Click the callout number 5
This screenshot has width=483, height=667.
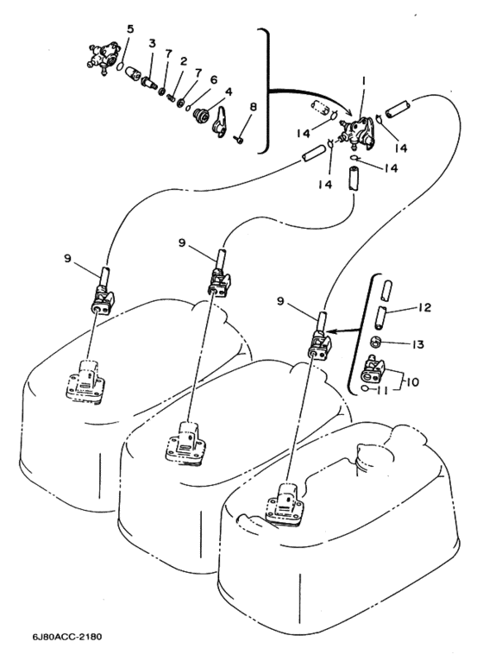tap(130, 29)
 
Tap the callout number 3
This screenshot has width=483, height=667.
tap(152, 43)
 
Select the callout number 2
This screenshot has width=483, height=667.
tap(184, 61)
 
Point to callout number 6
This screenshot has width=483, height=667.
tap(213, 79)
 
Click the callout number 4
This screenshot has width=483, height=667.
tap(229, 91)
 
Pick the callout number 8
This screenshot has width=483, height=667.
tap(253, 107)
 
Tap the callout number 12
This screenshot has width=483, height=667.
tap(424, 307)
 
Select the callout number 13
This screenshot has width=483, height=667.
tap(418, 344)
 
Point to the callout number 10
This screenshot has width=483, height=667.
tap(412, 381)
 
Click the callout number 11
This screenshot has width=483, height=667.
tap(382, 390)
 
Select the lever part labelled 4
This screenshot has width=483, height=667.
tap(222, 123)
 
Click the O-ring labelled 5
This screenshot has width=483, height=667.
tap(121, 67)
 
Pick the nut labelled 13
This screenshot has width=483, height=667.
tap(375, 341)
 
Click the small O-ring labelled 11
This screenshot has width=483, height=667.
tap(365, 388)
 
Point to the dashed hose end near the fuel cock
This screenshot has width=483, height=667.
tap(322, 108)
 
